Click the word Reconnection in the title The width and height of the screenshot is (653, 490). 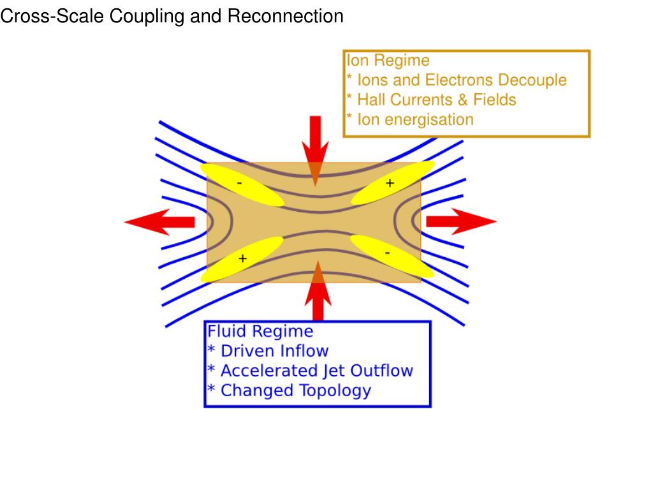pyautogui.click(x=285, y=17)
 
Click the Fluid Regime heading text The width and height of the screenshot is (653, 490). pyautogui.click(x=260, y=332)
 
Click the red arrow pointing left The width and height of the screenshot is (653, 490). pyautogui.click(x=159, y=221)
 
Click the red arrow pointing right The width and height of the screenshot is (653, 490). pyautogui.click(x=460, y=221)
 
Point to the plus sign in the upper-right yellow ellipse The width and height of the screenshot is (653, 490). pyautogui.click(x=390, y=183)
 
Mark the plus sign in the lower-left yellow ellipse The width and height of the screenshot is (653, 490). pyautogui.click(x=242, y=258)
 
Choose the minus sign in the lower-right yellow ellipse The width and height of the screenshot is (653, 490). pyautogui.click(x=388, y=254)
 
